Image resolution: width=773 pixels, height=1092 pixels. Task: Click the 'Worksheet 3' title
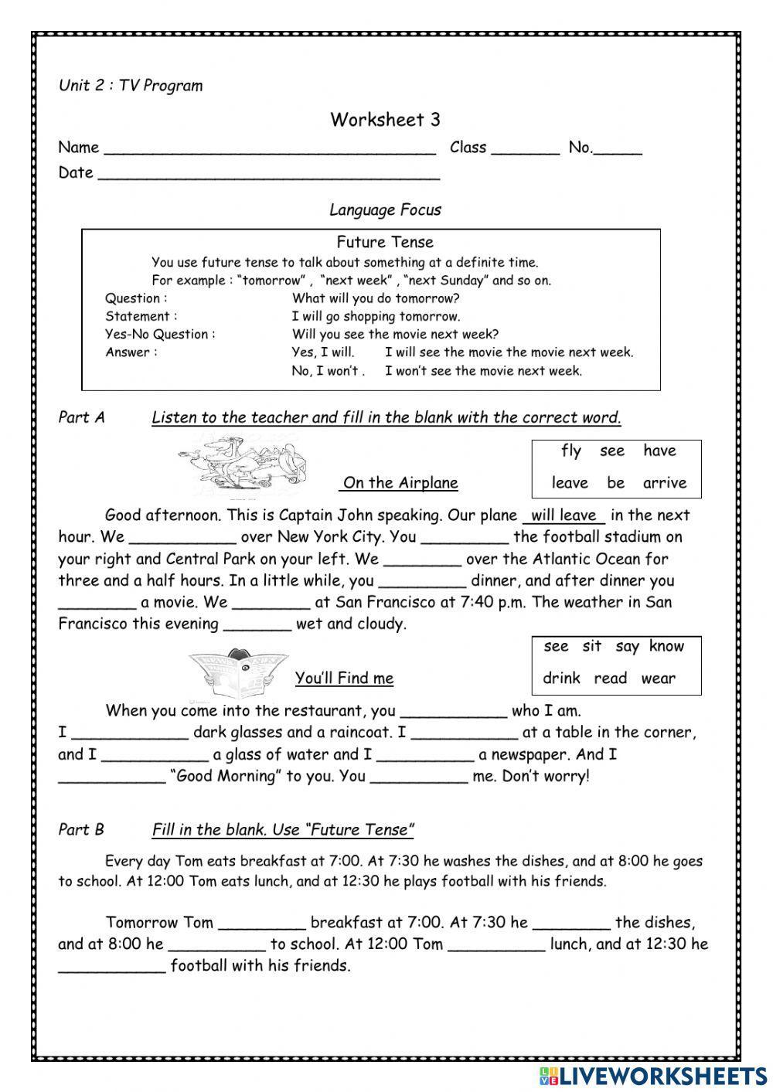385,120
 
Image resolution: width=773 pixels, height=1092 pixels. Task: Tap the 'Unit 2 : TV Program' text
131,86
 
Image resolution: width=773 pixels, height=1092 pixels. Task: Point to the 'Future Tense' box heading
385,243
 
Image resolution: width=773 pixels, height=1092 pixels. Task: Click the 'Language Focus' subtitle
385,210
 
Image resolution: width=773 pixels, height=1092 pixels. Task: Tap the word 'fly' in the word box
571,451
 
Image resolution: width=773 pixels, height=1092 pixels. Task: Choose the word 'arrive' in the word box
664,484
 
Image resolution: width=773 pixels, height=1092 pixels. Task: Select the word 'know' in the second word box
666,647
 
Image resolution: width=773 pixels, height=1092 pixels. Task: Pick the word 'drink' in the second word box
561,679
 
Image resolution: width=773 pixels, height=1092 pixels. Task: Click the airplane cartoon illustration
245,469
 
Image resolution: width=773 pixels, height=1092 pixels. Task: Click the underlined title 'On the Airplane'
400,484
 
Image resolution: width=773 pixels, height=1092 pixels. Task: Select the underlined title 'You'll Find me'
344,679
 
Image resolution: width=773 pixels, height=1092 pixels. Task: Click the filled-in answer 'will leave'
564,515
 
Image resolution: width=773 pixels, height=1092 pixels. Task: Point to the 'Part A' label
81,418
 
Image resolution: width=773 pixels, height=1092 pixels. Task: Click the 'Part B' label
81,830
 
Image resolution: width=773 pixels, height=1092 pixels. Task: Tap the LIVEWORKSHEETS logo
652,1075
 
